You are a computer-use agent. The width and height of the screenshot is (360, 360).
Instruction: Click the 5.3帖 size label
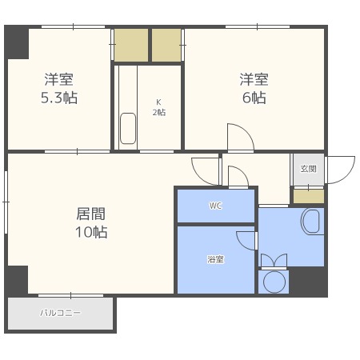[x=58, y=98]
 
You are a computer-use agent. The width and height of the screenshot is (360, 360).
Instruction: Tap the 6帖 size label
[x=254, y=98]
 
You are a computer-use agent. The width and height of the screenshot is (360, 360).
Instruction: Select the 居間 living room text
[x=90, y=214]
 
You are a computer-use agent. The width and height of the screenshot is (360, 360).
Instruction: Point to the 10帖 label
[x=90, y=233]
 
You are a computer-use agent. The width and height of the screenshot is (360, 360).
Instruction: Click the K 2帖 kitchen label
[x=160, y=107]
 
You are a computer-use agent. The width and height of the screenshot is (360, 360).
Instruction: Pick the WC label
[x=215, y=206]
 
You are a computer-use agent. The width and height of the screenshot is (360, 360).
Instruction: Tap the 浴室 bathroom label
[x=215, y=259]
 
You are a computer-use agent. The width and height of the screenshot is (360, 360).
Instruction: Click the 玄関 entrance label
[x=308, y=169]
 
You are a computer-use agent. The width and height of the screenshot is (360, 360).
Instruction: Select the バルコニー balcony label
[x=61, y=313]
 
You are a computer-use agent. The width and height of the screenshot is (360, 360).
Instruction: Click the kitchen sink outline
[x=128, y=129]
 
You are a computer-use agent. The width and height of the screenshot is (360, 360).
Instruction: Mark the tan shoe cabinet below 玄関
[x=308, y=195]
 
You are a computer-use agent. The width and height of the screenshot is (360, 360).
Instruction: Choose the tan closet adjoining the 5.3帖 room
[x=132, y=45]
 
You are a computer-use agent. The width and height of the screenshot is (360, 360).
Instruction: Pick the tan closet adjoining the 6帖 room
[x=167, y=45]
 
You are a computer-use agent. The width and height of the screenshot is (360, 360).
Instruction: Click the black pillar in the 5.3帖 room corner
[x=18, y=43]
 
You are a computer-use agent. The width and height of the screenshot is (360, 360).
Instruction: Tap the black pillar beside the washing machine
[x=308, y=282]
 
